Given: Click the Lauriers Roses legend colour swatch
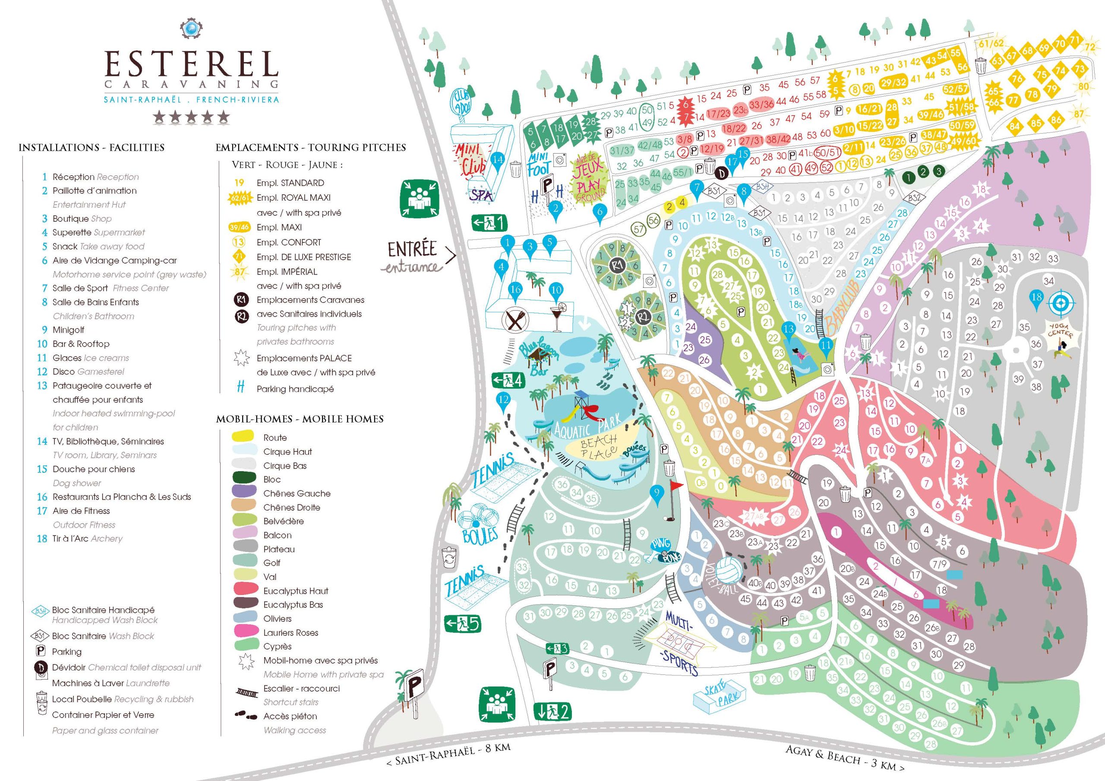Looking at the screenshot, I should [x=244, y=632].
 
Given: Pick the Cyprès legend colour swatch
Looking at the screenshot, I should [x=244, y=646].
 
